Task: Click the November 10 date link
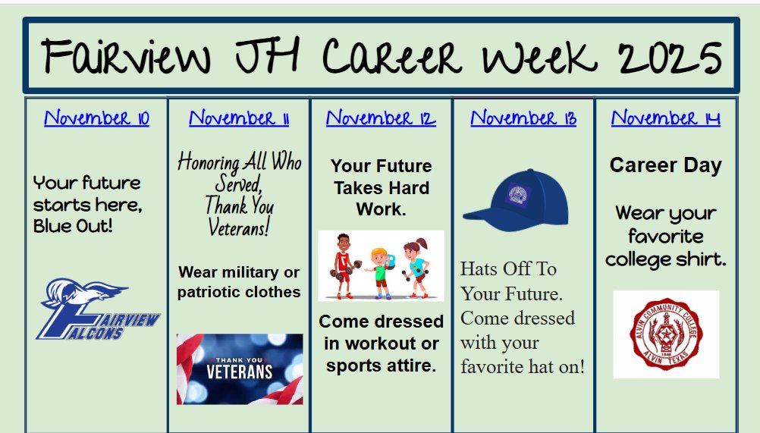[x=96, y=118]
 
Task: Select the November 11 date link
[x=239, y=118]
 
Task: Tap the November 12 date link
[x=381, y=118]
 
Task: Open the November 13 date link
[x=523, y=118]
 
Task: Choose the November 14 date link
[x=665, y=118]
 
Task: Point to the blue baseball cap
[x=515, y=199]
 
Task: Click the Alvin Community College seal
[x=666, y=334]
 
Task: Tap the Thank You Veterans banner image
[x=240, y=369]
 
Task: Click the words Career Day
[x=665, y=165]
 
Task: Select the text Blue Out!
[x=73, y=225]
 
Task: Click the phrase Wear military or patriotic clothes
[x=239, y=282]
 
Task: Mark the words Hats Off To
[x=508, y=269]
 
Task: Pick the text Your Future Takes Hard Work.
[x=381, y=187]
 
